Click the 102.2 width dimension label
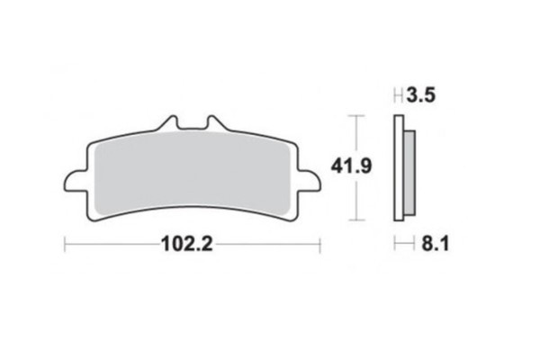tap(187, 244)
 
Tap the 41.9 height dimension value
tap(351, 166)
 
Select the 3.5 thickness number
tap(421, 95)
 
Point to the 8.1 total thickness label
tap(436, 244)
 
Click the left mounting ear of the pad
tap(75, 181)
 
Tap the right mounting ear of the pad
tap(309, 181)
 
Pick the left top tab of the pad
tap(169, 123)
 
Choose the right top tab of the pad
tap(215, 123)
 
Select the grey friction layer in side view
tap(409, 173)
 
